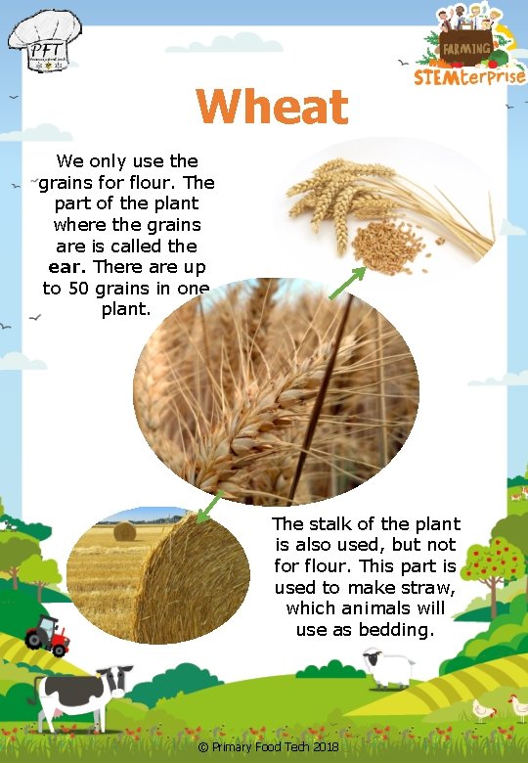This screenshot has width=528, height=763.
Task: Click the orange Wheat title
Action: coord(272,108)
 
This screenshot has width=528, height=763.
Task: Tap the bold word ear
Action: coord(67,267)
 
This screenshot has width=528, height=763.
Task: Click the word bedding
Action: coord(396,630)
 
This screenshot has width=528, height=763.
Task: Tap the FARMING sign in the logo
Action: coord(465,47)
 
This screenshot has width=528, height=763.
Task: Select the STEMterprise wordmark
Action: coord(469,75)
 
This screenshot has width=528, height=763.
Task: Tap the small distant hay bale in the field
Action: coord(124,531)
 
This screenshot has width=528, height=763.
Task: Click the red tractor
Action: coord(48,635)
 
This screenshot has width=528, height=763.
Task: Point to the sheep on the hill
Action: coord(387,667)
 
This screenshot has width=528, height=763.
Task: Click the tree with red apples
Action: coord(492,562)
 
